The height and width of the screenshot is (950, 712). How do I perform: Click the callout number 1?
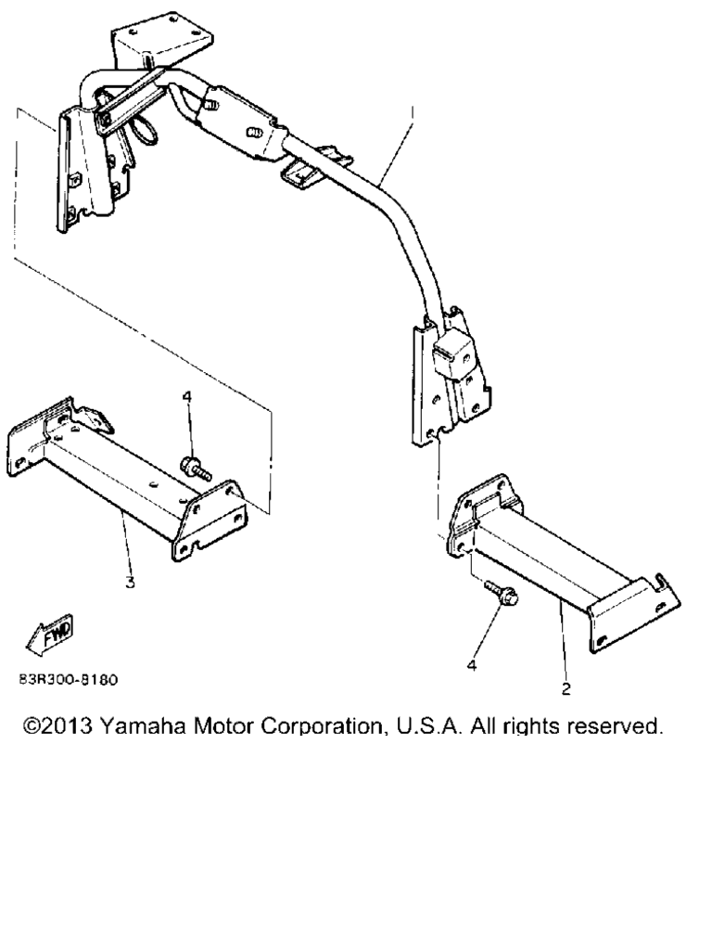pyautogui.click(x=412, y=112)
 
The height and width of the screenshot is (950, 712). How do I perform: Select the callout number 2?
pyautogui.click(x=566, y=689)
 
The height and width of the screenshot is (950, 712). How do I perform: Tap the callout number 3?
pyautogui.click(x=130, y=583)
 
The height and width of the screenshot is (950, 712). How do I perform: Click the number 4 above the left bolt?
pyautogui.click(x=187, y=397)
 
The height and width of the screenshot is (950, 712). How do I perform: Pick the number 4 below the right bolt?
pyautogui.click(x=472, y=665)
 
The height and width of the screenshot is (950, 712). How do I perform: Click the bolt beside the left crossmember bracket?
pyautogui.click(x=195, y=468)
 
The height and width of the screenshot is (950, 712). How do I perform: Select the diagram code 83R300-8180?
pyautogui.click(x=69, y=679)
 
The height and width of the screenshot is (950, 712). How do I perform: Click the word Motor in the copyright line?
pyautogui.click(x=223, y=725)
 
